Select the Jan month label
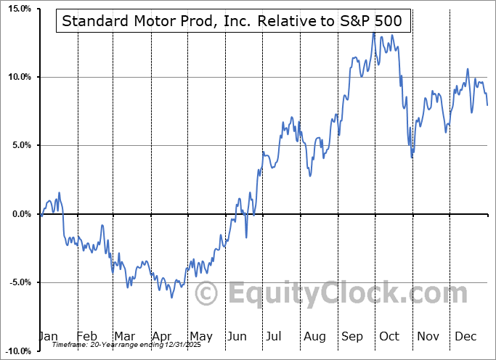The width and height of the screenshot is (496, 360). click(x=48, y=337)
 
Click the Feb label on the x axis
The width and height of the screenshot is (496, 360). click(x=86, y=337)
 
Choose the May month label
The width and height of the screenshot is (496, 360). click(x=200, y=337)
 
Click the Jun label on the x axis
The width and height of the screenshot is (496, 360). click(x=238, y=337)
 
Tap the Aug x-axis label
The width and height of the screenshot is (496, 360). click(x=314, y=337)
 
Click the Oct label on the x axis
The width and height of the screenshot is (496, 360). click(x=390, y=337)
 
